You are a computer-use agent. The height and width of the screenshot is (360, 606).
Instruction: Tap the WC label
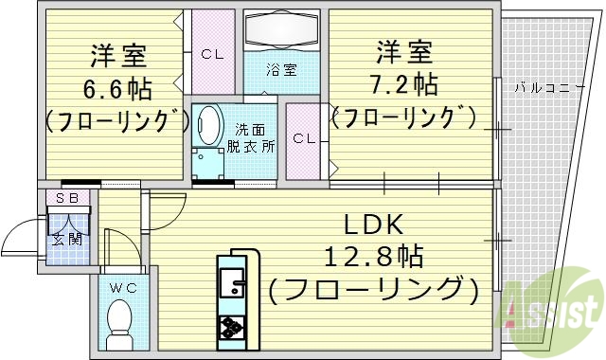pos(119,285)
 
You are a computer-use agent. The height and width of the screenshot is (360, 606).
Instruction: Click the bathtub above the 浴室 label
pos(281,30)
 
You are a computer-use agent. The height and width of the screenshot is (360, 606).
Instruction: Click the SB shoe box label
pos(67,198)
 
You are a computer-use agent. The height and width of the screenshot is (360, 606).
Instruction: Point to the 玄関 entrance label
pos(67,239)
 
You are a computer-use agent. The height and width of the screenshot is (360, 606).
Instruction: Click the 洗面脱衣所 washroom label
pos(250,137)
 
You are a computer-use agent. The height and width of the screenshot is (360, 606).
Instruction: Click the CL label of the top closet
pos(212,53)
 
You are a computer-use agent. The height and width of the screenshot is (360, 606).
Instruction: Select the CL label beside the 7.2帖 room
pos(303,139)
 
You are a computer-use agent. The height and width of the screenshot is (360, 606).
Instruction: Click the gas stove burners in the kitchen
pos(232,328)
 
